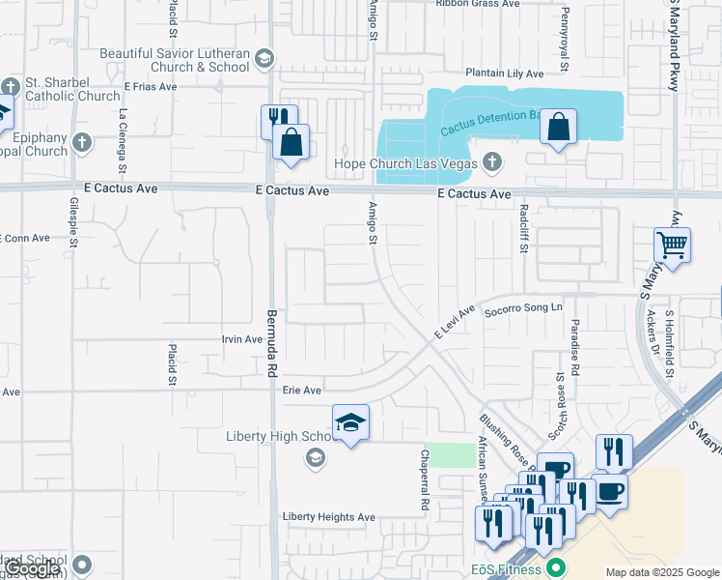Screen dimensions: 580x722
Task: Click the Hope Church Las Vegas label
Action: click(405, 163)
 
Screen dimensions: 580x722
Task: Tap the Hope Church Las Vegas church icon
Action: click(493, 161)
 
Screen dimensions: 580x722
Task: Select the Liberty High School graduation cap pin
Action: click(350, 422)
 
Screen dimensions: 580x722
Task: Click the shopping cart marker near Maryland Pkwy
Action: click(672, 245)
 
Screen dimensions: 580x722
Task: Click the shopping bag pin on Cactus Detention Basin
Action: click(558, 127)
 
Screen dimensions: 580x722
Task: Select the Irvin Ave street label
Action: click(242, 339)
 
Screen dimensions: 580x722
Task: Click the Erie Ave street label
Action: click(301, 391)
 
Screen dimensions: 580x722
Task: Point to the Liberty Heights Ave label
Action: click(328, 517)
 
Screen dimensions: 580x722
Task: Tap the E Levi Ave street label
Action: click(456, 322)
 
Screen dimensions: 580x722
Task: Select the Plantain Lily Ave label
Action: click(504, 73)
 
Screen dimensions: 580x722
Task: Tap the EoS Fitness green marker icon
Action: click(554, 567)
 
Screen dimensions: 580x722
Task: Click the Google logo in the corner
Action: click(33, 569)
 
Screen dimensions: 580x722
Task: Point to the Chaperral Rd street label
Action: click(424, 479)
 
